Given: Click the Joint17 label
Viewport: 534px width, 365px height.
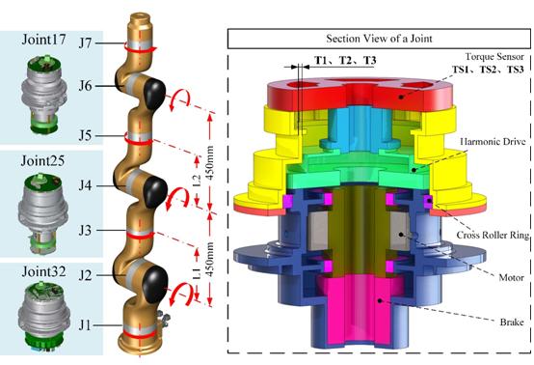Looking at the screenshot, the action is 44,40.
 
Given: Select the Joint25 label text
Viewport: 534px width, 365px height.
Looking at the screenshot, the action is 42,160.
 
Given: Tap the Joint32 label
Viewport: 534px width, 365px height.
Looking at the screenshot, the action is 44,272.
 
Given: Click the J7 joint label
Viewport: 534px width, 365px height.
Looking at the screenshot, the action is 85,43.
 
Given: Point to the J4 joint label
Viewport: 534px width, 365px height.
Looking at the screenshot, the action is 85,186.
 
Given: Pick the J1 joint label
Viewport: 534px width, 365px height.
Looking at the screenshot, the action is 85,325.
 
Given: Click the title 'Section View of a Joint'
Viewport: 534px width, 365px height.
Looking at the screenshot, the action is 379,39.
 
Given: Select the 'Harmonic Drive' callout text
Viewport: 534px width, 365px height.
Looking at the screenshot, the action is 493,141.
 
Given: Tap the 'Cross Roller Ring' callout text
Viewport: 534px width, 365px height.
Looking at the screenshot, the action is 493,235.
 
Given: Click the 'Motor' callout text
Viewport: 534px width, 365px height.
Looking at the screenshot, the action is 511,277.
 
